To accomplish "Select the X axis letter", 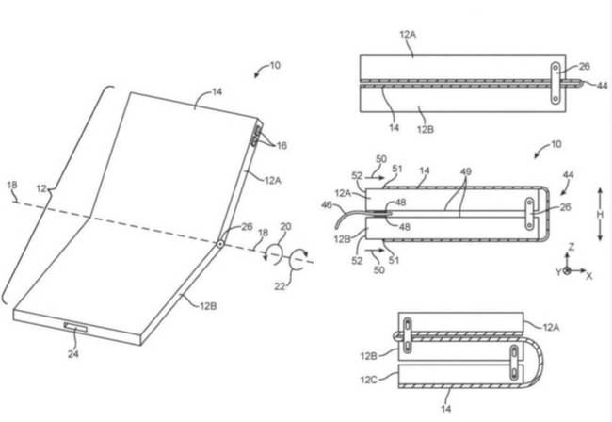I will (x=588, y=276).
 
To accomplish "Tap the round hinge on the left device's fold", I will (x=218, y=244).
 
